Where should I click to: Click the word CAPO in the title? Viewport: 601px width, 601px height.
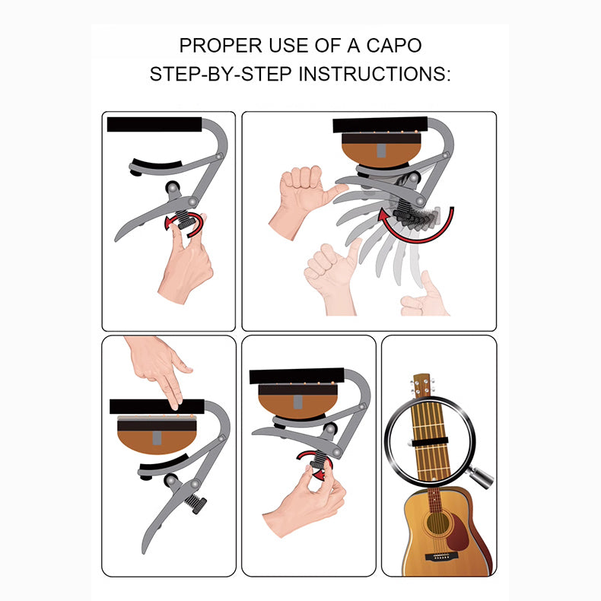point(394,46)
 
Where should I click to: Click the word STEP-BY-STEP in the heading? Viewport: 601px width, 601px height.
point(221,74)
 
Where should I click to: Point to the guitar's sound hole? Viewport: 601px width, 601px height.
point(437,523)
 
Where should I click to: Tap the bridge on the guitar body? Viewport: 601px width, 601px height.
point(437,557)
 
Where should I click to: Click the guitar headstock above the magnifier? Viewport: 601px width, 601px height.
point(422,386)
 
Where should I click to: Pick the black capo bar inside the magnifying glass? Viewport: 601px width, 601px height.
point(429,441)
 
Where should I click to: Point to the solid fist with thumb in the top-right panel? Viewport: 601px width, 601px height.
point(303,199)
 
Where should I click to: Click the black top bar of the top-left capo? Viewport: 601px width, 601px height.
point(154,125)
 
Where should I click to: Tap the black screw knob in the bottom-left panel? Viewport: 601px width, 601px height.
point(196,503)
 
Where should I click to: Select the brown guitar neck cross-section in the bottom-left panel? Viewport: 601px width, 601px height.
point(157,435)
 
